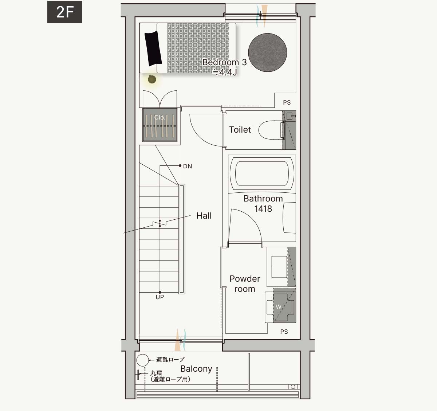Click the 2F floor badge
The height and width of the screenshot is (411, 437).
pos(65,12)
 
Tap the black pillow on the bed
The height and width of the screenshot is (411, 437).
pos(153,48)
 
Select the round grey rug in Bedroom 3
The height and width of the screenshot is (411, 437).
pos(268,52)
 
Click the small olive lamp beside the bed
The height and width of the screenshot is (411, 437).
pos(152,79)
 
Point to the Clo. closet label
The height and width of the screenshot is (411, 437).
pos(160,117)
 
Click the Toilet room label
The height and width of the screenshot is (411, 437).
pos(240,130)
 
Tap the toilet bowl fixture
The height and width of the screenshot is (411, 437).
pos(272,130)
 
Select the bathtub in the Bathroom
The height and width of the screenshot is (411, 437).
pos(262,173)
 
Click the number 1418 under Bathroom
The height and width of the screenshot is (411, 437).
pos(263,208)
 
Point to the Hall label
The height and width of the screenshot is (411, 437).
pos(204,216)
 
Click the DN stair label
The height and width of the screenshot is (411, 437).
pos(188,166)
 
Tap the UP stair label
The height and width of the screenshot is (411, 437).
pos(160,297)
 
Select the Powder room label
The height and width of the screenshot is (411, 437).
pos(245,284)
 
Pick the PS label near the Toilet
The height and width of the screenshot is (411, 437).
pos(287,102)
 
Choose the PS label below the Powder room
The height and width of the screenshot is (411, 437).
pos(284,332)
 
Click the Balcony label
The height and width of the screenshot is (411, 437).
pos(196,369)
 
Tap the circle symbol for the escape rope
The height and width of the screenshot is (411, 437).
pos(143,360)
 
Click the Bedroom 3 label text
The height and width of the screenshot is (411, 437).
pos(224,62)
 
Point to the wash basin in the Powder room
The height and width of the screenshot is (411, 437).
pos(279,267)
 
